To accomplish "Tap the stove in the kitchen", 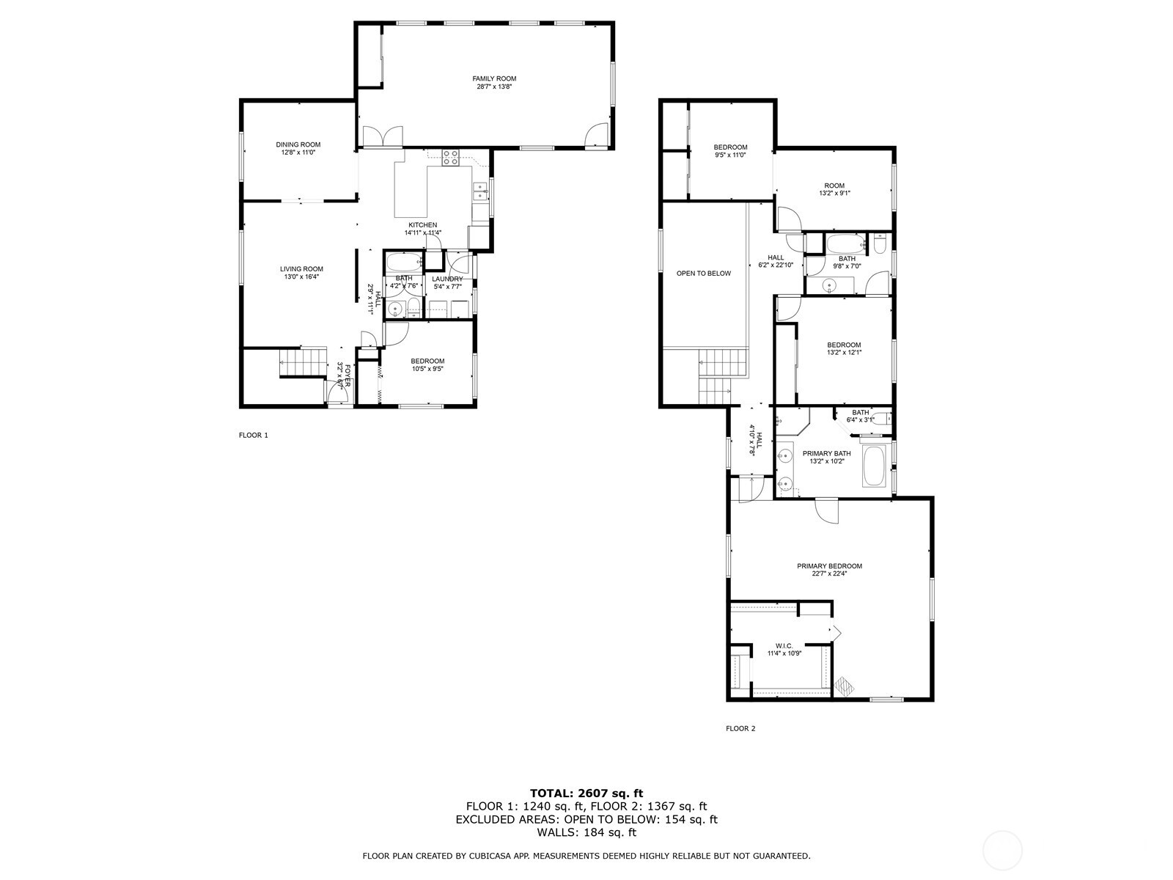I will [x=449, y=157].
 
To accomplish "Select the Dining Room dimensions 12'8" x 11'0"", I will [x=298, y=153].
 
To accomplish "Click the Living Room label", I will [x=301, y=269].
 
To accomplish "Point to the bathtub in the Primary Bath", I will [x=874, y=466].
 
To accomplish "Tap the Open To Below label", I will [x=703, y=274].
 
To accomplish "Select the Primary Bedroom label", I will [x=829, y=566].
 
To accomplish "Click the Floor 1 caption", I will [x=254, y=435].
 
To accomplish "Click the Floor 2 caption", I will [x=740, y=728].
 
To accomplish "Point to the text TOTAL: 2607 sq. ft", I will [x=586, y=793].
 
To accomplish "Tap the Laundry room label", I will [x=447, y=279].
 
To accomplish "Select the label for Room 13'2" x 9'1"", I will [x=834, y=186].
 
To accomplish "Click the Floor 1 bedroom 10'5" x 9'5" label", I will [x=427, y=361].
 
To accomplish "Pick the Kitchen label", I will [x=422, y=225].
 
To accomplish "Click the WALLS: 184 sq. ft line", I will [x=586, y=832].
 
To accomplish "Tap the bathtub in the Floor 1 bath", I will [x=403, y=261].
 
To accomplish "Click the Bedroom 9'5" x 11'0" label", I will [x=730, y=147].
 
